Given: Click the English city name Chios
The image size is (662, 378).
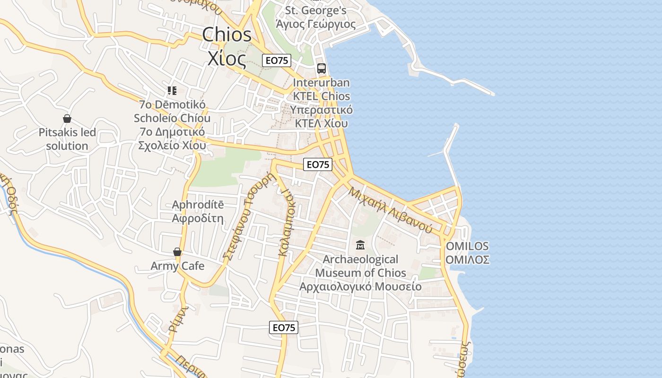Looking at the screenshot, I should click(x=227, y=34).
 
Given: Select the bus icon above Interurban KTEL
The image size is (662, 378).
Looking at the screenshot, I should click(x=322, y=69).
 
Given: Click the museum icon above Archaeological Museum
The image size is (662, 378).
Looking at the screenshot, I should click(x=360, y=245).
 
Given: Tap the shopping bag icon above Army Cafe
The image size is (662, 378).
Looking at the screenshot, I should click(x=177, y=252).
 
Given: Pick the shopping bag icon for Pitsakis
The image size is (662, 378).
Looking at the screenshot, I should click(x=67, y=119).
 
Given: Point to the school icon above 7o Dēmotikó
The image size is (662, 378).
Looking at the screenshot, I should click(x=172, y=90).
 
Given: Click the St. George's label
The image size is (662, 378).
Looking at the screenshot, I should click(x=316, y=10).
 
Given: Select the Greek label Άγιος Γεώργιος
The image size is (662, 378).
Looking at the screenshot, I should click(x=316, y=24).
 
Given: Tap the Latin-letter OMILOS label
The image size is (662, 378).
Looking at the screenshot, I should click(x=467, y=246).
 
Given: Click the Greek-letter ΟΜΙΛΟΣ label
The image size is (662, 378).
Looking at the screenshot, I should click(x=467, y=259).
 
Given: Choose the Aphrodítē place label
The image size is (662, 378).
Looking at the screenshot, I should click(x=198, y=205).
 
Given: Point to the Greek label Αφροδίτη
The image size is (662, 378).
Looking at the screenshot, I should click(x=198, y=218).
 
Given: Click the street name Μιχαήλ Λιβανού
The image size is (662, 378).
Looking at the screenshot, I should click(x=391, y=209).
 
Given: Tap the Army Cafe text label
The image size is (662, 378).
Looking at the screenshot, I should click(x=177, y=266).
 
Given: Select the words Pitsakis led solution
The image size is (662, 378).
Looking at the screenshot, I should click(x=67, y=139).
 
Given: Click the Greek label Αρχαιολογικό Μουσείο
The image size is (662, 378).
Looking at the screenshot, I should click(x=360, y=286).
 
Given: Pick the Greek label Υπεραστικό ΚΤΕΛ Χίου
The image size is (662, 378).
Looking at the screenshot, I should click(x=322, y=117).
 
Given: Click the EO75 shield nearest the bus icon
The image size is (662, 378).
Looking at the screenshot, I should click(x=277, y=60).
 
